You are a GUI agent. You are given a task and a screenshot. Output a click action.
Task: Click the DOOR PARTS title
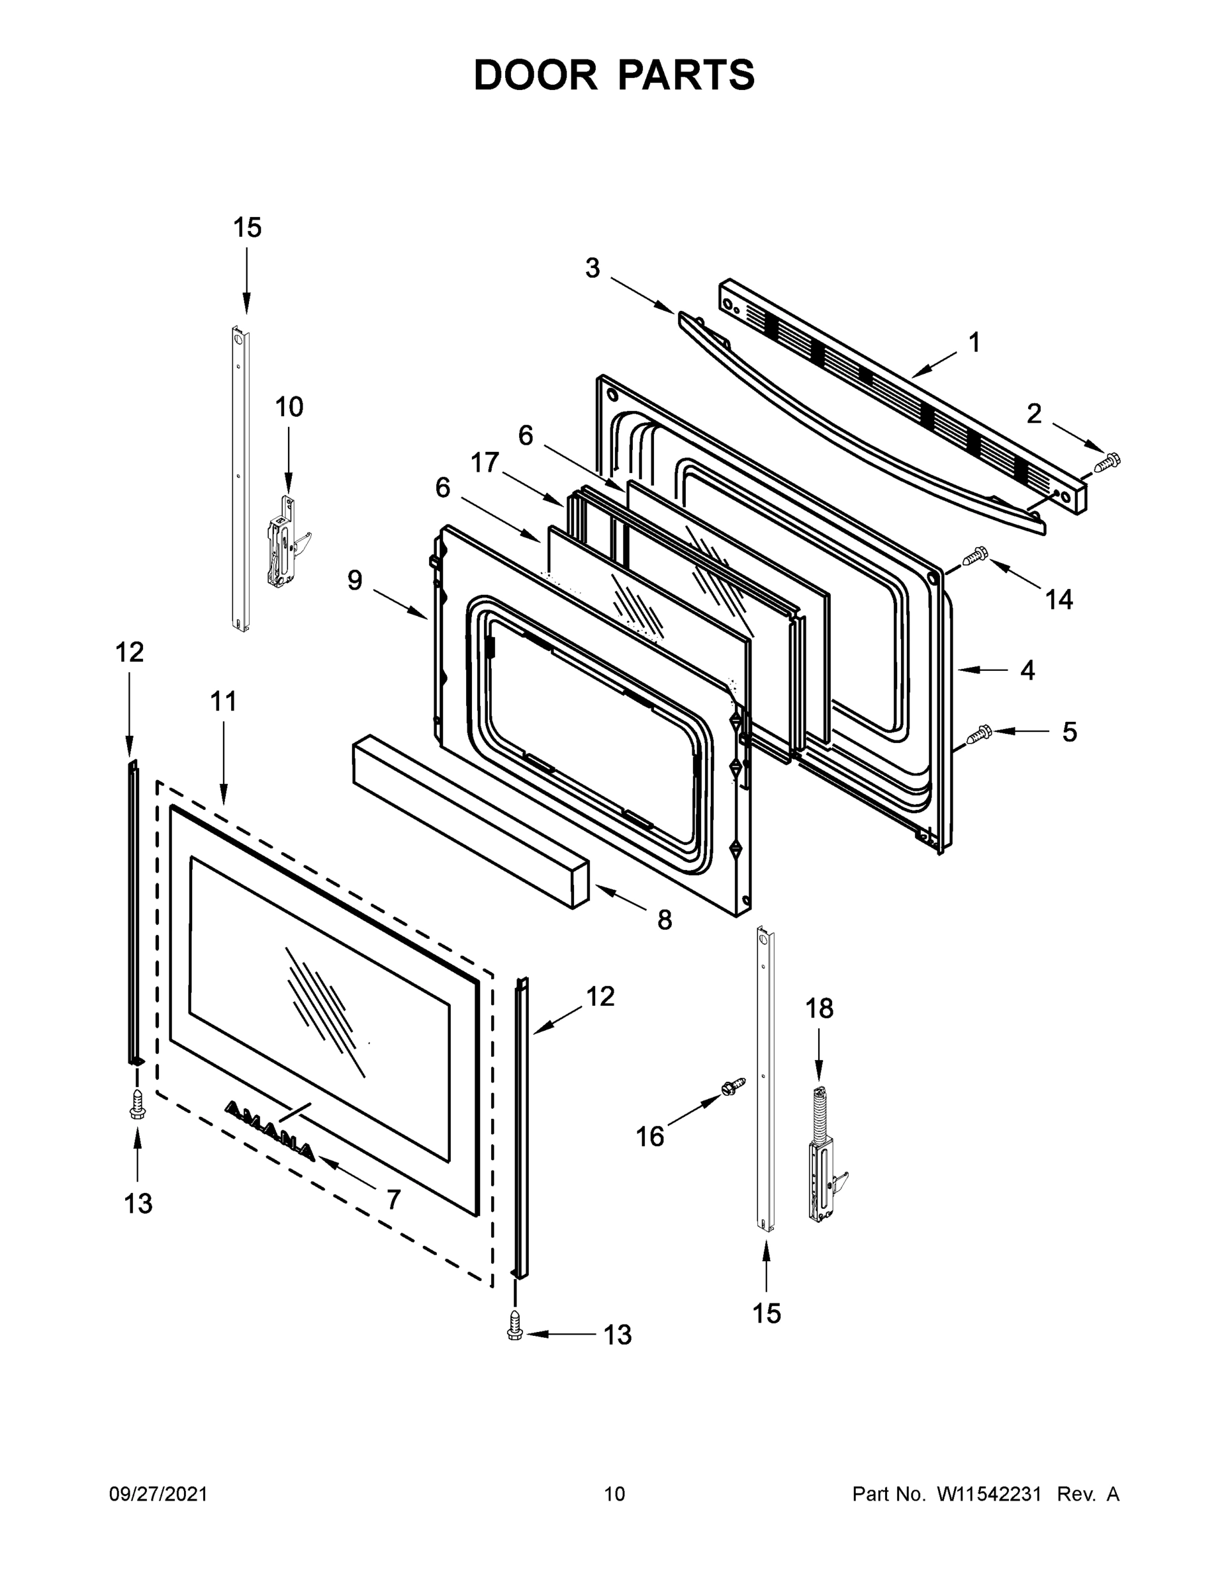point(614,75)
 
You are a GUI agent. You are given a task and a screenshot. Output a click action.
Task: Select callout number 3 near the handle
point(592,268)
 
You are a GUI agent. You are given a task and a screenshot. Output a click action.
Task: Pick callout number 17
point(485,463)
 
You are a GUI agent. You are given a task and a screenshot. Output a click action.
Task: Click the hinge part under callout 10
point(286,543)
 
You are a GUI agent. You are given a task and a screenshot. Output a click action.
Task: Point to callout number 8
point(664,920)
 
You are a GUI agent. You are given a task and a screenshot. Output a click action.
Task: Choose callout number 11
point(223,701)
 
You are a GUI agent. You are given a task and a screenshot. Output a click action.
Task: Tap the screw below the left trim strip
point(137,1104)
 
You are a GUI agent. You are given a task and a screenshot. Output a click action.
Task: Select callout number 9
point(354,580)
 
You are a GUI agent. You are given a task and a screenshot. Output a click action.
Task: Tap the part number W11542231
point(988,1494)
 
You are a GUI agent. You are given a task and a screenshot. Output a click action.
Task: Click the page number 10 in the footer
point(614,1494)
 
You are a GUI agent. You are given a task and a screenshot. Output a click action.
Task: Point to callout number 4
point(1027,670)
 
